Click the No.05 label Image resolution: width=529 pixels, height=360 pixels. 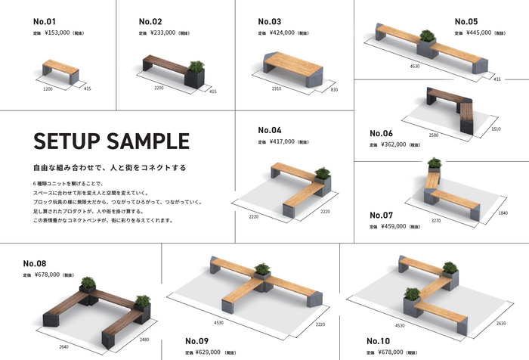(466, 20)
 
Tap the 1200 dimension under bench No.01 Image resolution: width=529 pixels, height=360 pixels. (48, 88)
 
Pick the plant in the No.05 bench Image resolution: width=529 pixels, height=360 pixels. (427, 36)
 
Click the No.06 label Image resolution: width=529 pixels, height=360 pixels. (382, 133)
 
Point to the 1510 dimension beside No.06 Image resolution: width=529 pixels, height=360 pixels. (497, 129)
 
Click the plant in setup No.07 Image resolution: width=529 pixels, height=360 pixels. (434, 163)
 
